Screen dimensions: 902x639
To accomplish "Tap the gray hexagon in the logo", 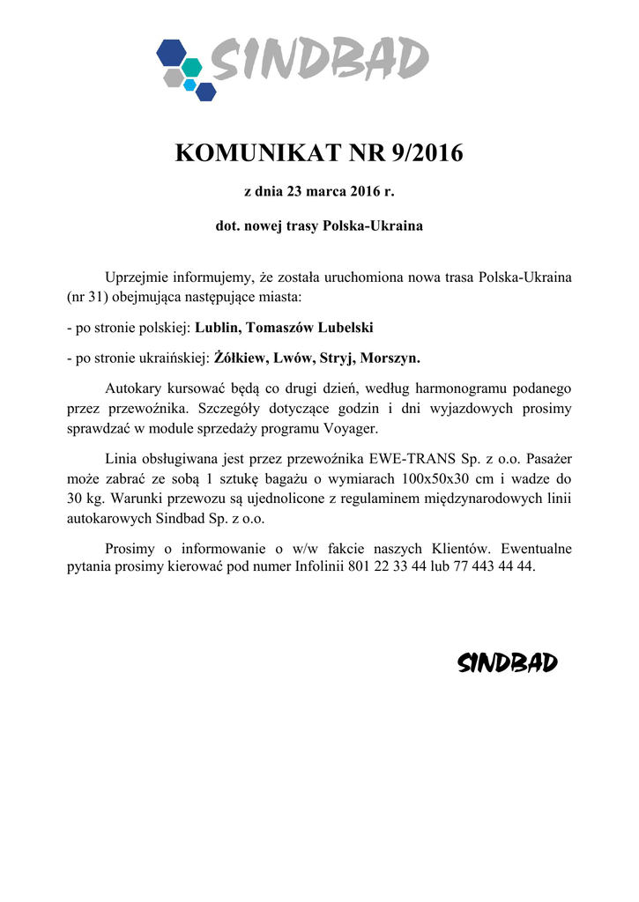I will [x=174, y=78].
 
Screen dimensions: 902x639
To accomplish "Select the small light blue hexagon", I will [x=189, y=84].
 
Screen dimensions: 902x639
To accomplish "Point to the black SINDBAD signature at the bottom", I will [x=508, y=663].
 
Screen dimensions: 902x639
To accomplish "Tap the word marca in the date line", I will [x=330, y=191].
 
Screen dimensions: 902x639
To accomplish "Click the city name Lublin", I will [x=217, y=328].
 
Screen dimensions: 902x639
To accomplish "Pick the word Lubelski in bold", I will [x=342, y=328].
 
